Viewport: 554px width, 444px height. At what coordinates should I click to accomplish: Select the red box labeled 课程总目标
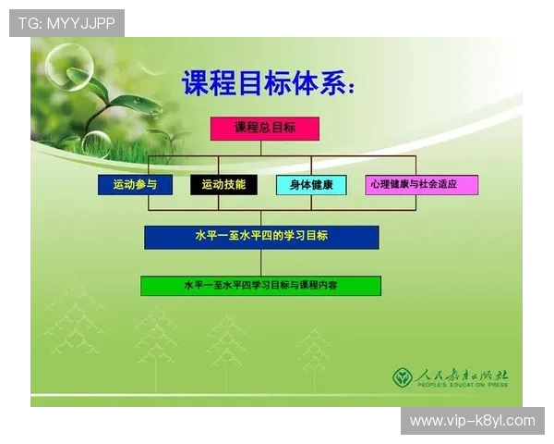[265, 129]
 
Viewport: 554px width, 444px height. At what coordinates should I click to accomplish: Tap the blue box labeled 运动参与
[135, 185]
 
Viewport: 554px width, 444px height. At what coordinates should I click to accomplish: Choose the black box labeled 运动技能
[223, 185]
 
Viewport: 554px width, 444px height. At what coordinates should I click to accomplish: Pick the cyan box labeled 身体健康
[311, 185]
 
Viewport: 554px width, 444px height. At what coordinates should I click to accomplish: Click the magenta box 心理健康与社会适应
[421, 185]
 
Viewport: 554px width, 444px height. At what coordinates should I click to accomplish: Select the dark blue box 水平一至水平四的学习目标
[261, 237]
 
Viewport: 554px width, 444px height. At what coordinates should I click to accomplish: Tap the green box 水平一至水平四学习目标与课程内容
[260, 286]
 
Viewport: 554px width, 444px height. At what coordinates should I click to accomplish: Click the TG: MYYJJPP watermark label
[66, 23]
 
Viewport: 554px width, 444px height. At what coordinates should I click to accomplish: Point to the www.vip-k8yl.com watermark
[472, 421]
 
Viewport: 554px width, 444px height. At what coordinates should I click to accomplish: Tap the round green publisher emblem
[402, 377]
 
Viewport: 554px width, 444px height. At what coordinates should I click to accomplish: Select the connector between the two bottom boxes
[261, 263]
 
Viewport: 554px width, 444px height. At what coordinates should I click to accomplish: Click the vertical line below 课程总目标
[264, 148]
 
